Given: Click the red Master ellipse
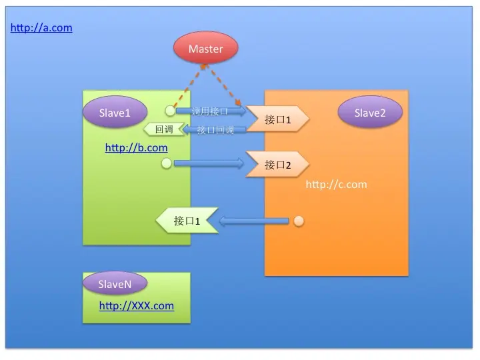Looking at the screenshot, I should [205, 49].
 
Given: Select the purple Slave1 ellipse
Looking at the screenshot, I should [114, 113].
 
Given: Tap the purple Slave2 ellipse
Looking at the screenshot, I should [370, 113].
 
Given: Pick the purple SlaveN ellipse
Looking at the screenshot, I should [114, 284].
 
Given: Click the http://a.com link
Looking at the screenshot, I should [41, 28].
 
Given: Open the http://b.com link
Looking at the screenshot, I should [136, 147].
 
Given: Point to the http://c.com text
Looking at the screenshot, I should [336, 184].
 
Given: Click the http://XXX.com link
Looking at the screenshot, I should [136, 306].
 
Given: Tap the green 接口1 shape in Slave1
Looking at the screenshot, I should [187, 221].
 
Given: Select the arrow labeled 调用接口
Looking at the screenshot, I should [211, 111].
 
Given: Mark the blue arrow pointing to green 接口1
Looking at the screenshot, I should [254, 221].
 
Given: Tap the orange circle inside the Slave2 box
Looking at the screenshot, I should [299, 221].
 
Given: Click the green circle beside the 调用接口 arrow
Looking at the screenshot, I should [171, 111].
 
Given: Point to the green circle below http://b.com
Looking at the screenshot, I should [166, 163].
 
